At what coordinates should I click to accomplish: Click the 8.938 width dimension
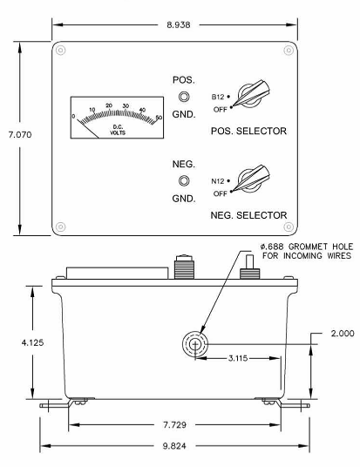pyautogui.click(x=178, y=24)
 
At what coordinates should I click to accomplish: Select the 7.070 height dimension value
pyautogui.click(x=20, y=135)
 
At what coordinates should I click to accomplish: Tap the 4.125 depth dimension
pyautogui.click(x=32, y=342)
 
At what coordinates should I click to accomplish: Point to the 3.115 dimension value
pyautogui.click(x=238, y=358)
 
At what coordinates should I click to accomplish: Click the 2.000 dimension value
pyautogui.click(x=343, y=334)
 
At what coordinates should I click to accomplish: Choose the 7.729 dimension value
pyautogui.click(x=174, y=424)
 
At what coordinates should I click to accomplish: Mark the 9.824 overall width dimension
pyautogui.click(x=174, y=446)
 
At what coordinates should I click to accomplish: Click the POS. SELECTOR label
pyautogui.click(x=248, y=131)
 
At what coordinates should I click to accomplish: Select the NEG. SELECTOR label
pyautogui.click(x=248, y=215)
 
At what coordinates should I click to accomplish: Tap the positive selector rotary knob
pyautogui.click(x=251, y=93)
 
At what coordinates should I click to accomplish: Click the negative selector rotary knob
pyautogui.click(x=251, y=178)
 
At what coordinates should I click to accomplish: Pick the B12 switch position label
pyautogui.click(x=218, y=97)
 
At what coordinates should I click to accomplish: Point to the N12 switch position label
pyautogui.click(x=218, y=181)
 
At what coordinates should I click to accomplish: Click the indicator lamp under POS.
pyautogui.click(x=184, y=97)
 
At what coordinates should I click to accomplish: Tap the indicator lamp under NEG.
pyautogui.click(x=184, y=180)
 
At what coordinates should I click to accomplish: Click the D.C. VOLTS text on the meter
pyautogui.click(x=118, y=130)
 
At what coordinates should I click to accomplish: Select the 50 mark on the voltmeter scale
pyautogui.click(x=159, y=118)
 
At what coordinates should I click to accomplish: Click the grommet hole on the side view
pyautogui.click(x=195, y=344)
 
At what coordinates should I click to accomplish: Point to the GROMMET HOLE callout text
pyautogui.click(x=307, y=251)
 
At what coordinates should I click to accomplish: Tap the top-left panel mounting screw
pyautogui.click(x=60, y=50)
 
